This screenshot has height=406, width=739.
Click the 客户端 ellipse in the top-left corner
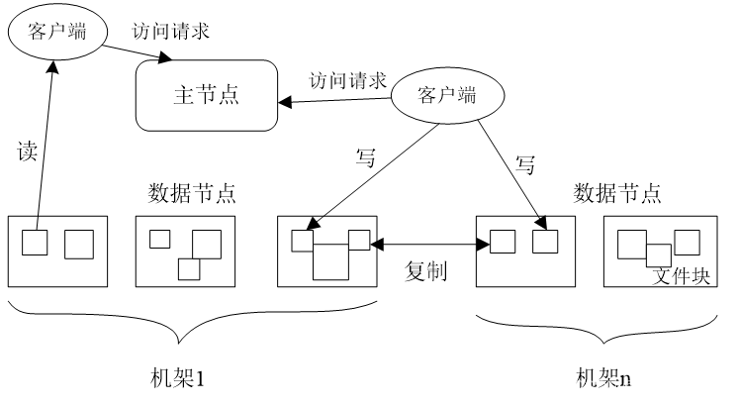tap(57, 32)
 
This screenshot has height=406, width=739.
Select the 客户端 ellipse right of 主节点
tap(447, 96)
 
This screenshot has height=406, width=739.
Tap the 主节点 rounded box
tap(206, 95)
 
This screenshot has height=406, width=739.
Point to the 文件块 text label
tap(682, 275)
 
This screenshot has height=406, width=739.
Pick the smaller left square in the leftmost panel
tap(35, 243)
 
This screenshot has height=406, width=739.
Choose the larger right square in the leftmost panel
tap(79, 245)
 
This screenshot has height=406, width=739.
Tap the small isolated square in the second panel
tap(159, 239)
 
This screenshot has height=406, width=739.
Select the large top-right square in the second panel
tap(207, 244)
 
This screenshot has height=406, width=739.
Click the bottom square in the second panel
tap(188, 268)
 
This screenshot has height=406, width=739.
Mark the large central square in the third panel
tap(331, 261)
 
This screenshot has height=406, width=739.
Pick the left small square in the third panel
tap(302, 241)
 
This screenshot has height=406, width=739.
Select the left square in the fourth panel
tap(503, 242)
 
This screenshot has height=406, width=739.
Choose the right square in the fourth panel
tap(545, 242)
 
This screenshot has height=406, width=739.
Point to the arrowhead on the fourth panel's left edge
tap(483, 244)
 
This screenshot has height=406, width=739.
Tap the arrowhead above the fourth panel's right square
tap(540, 223)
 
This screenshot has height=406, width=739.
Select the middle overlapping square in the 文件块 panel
tap(659, 254)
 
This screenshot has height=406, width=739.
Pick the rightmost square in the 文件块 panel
tap(688, 242)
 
